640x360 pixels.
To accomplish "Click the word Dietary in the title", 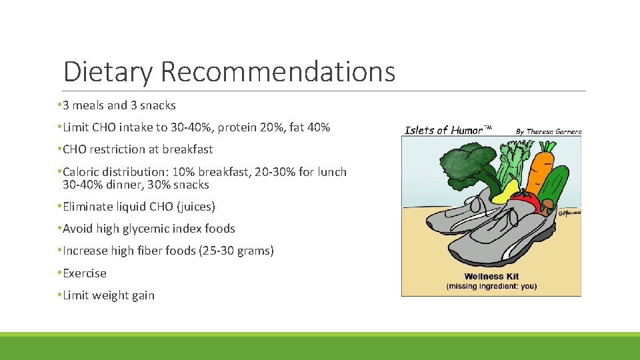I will click(x=108, y=71).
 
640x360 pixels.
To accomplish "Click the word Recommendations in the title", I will click(x=277, y=71).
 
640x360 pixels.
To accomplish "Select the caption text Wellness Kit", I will click(x=492, y=276).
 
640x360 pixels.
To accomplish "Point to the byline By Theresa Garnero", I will click(x=548, y=131).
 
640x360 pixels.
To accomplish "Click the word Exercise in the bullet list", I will click(x=85, y=273).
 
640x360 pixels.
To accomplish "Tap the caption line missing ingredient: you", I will click(x=491, y=287).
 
